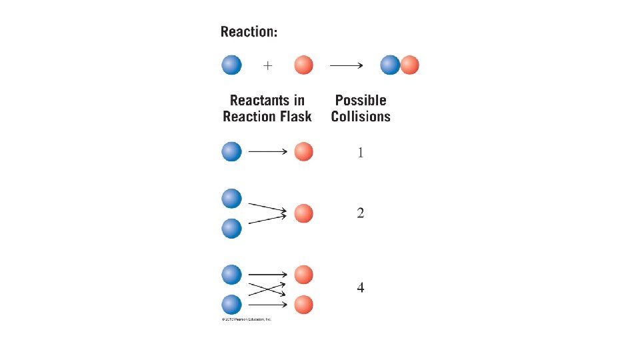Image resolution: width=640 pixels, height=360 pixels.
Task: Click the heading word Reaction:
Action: click(x=249, y=32)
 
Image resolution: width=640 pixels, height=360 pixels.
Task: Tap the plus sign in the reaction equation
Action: click(x=267, y=65)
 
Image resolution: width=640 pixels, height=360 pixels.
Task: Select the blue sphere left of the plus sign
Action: click(x=231, y=65)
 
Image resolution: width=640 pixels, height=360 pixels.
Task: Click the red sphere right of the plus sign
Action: click(x=303, y=65)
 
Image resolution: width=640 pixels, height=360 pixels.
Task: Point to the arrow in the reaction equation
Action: click(x=346, y=65)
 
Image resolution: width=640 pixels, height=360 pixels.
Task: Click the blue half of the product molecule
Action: click(x=390, y=65)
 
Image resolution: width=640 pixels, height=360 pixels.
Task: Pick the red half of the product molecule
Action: click(x=409, y=65)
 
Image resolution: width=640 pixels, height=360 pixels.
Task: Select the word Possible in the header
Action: click(x=361, y=101)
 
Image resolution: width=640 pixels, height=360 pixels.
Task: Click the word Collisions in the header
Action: click(x=361, y=117)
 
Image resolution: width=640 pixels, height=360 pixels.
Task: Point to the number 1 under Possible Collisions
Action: click(x=361, y=153)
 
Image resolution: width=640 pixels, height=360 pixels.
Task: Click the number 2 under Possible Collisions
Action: click(x=361, y=213)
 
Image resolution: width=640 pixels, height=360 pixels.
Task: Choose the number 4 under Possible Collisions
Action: click(x=361, y=288)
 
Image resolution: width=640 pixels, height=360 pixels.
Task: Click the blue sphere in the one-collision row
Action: click(x=231, y=151)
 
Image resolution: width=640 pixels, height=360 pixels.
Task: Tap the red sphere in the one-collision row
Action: click(x=303, y=151)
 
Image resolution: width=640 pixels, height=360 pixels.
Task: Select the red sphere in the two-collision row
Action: click(x=303, y=213)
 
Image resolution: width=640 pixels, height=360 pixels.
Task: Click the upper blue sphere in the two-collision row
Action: click(x=231, y=198)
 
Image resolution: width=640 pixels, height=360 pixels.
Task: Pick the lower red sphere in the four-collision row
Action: click(x=303, y=305)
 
